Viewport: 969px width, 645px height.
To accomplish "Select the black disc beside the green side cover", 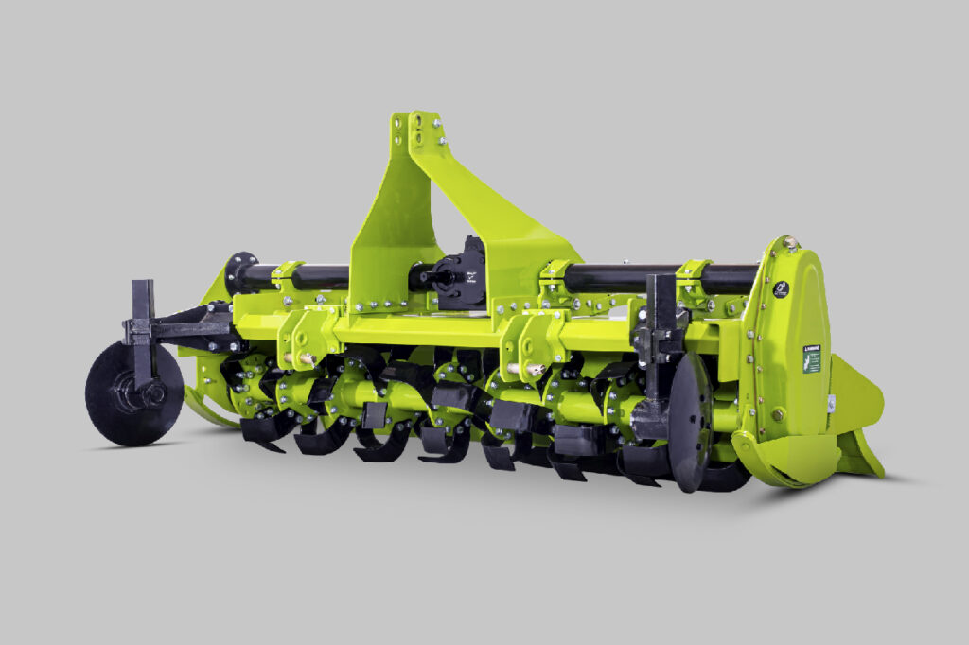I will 689,422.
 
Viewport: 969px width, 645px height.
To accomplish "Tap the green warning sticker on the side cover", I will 811,358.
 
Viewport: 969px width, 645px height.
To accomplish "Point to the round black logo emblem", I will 782,289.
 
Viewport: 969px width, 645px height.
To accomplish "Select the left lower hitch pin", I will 307,359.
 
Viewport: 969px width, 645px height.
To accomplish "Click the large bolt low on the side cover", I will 777,414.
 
